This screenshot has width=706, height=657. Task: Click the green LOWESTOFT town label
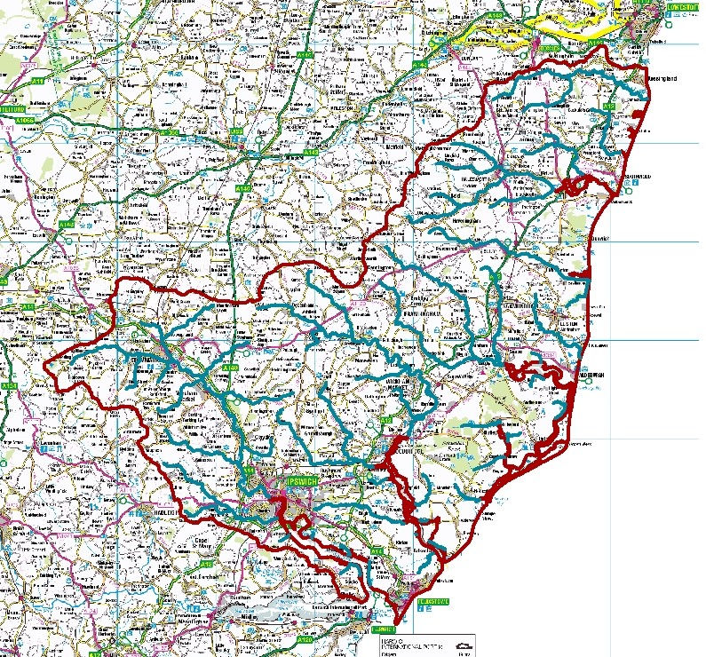tap(681, 10)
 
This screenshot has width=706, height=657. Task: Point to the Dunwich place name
tap(591, 239)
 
